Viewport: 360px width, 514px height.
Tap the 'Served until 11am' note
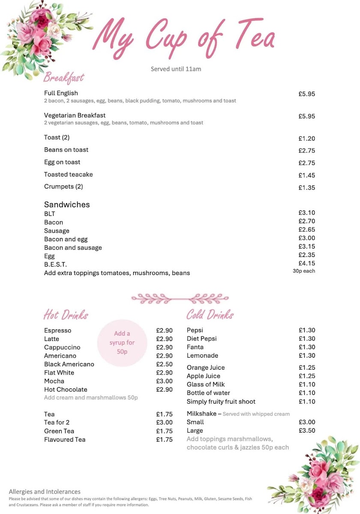(176, 69)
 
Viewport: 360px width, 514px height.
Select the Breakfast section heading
(64, 78)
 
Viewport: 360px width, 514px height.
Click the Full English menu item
(61, 93)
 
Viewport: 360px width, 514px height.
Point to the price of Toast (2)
(306, 139)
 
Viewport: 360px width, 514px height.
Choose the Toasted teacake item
(68, 174)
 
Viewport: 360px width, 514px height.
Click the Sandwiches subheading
(67, 205)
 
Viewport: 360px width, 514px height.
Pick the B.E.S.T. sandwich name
(55, 264)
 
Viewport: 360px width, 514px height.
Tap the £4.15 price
(306, 264)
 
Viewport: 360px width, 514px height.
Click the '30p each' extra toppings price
(303, 271)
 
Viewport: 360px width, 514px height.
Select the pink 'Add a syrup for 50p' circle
(122, 343)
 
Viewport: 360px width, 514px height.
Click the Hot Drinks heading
(66, 315)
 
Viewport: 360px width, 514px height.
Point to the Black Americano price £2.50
(164, 364)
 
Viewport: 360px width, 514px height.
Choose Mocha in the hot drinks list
(54, 381)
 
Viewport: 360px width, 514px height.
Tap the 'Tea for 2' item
(57, 422)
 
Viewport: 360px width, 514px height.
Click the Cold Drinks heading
(210, 315)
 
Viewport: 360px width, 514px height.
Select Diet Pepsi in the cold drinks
(201, 338)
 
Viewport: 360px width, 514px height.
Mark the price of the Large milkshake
(307, 430)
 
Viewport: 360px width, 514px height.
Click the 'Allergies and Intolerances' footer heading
(45, 492)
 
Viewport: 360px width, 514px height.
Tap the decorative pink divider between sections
(180, 298)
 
